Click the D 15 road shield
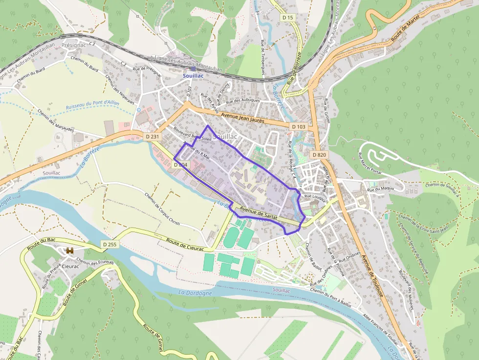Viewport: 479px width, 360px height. click(288, 18)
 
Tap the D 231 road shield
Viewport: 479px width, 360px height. click(152, 137)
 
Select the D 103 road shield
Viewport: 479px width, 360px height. click(299, 127)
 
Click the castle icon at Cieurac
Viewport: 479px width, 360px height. click(69, 251)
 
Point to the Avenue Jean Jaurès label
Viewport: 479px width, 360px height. click(242, 118)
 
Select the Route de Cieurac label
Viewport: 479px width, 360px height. click(186, 242)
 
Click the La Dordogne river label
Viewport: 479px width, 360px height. click(195, 293)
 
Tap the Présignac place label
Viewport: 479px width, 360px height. click(74, 44)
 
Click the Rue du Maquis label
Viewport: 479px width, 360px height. click(380, 189)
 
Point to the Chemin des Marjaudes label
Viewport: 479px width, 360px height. click(56, 121)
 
